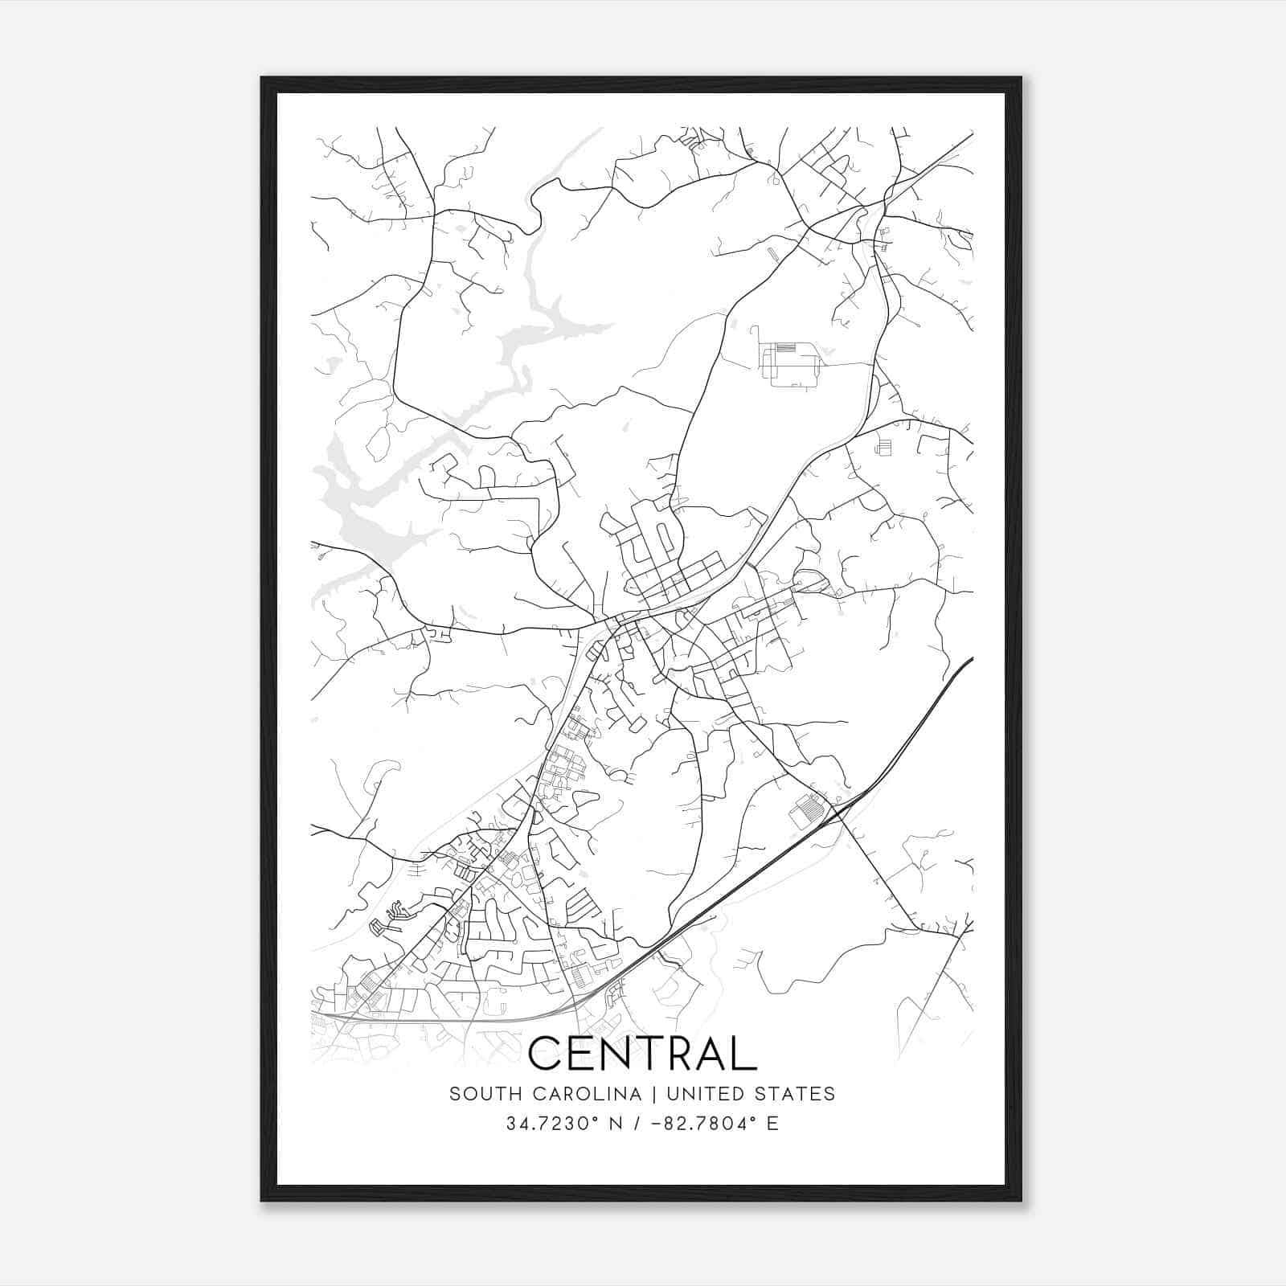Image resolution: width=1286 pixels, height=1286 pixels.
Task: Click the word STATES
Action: pyautogui.click(x=799, y=1094)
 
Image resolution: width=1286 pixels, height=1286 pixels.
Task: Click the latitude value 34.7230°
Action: pyautogui.click(x=551, y=1124)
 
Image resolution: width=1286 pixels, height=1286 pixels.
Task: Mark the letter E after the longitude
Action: pyautogui.click(x=772, y=1124)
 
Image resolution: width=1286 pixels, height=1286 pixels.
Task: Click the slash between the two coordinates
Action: pyautogui.click(x=636, y=1124)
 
